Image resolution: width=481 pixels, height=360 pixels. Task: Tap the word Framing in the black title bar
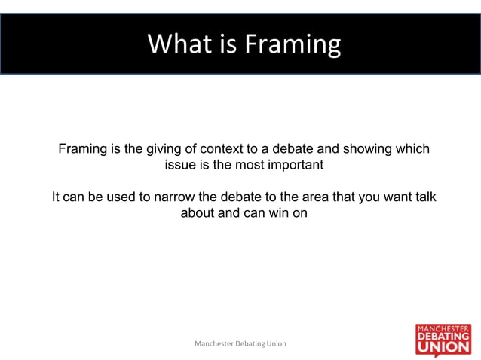click(291, 44)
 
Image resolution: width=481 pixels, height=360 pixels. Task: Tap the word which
click(413, 149)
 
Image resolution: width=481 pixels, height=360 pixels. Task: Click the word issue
click(179, 165)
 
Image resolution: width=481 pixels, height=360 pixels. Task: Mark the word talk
click(425, 197)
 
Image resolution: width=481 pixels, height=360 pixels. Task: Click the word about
click(198, 213)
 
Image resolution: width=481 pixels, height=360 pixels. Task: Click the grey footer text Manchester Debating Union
click(240, 343)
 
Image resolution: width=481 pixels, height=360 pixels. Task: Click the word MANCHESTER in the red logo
click(443, 329)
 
